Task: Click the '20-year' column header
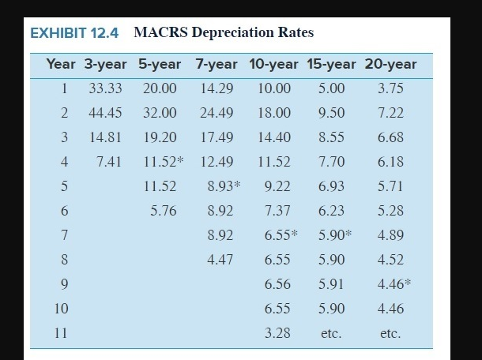coord(390,64)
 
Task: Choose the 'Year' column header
coord(61,64)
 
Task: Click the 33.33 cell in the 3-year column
coord(105,88)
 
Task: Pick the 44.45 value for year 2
coord(105,113)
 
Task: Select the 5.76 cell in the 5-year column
coord(164,211)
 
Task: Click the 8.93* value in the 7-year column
coord(224,186)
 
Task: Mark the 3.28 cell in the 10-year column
coord(277,333)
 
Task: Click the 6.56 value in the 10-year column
coord(277,284)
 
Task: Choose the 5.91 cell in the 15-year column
coord(330,284)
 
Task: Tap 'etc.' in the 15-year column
coord(331,334)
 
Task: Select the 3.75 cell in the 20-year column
coord(390,88)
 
